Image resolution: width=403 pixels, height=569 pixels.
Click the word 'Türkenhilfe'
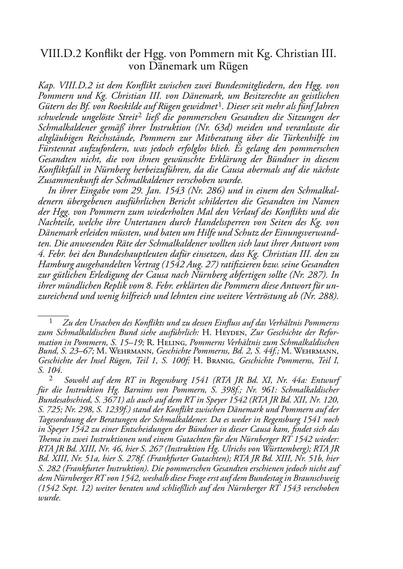click(308, 138)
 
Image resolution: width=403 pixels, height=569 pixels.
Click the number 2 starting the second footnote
click(51, 378)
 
